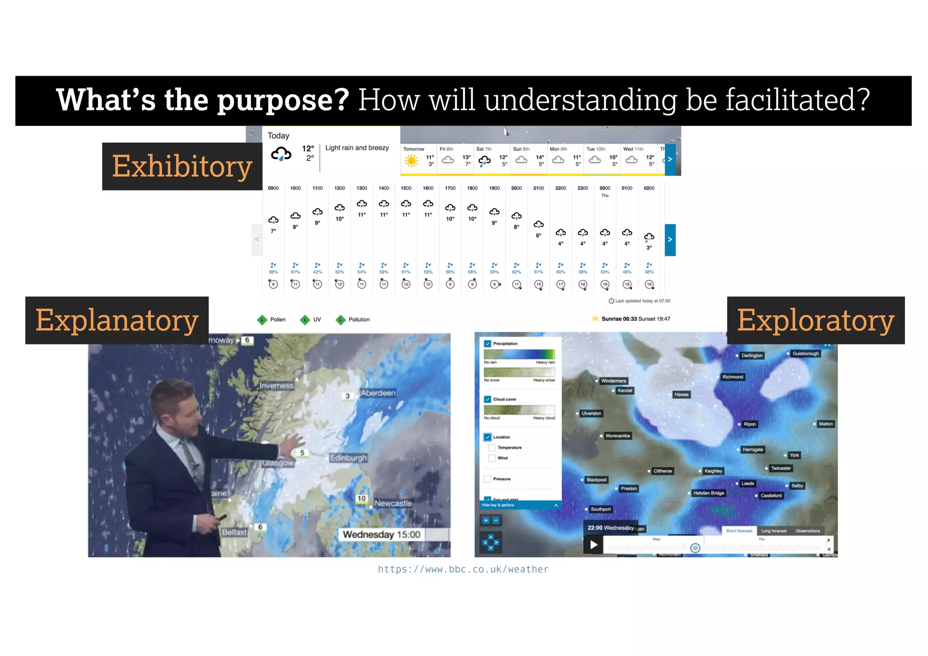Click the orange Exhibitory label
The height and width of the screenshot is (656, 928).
[x=182, y=166]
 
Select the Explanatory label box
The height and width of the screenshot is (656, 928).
[x=117, y=320]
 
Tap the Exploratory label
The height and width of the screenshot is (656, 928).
[x=816, y=320]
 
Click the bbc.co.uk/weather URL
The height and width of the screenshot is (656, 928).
[x=463, y=569]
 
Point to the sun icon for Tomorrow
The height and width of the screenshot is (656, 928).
[x=411, y=160]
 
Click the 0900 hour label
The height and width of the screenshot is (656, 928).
[x=273, y=188]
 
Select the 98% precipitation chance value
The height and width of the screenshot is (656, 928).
[x=273, y=272]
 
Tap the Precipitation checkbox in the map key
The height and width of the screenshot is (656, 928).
[x=488, y=344]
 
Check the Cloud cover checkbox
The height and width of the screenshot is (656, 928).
[x=488, y=399]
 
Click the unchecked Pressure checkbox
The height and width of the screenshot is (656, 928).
[x=488, y=479]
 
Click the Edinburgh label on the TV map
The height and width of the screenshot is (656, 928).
[x=348, y=458]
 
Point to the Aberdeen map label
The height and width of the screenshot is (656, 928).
[x=378, y=393]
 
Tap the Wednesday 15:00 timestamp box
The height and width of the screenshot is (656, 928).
[x=382, y=535]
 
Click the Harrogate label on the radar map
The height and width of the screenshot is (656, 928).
[x=753, y=449]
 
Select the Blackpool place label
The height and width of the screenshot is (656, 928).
[x=596, y=480]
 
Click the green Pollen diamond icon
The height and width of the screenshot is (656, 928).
[x=262, y=320]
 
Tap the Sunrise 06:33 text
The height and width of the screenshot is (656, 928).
[x=619, y=319]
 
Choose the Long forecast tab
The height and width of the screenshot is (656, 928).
[x=773, y=531]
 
